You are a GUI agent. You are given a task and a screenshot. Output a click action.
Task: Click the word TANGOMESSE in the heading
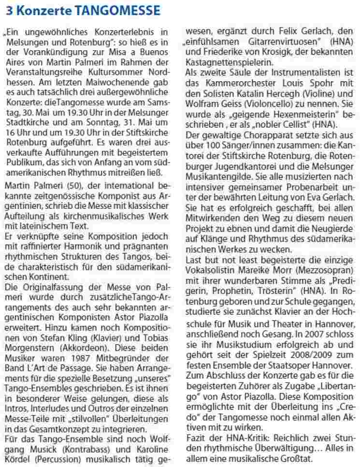click(115, 10)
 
